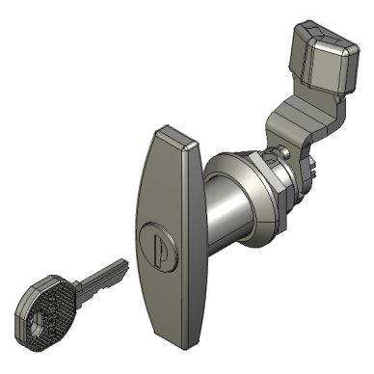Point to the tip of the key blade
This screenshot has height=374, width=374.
125,263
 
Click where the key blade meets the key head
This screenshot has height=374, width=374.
76,289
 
